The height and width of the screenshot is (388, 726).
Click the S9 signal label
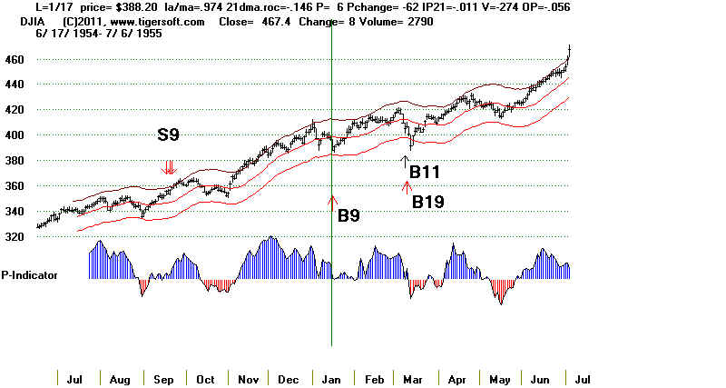pos(169,135)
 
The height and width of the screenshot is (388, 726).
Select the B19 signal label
pos(427,202)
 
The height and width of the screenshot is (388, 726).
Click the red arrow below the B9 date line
pos(332,202)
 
